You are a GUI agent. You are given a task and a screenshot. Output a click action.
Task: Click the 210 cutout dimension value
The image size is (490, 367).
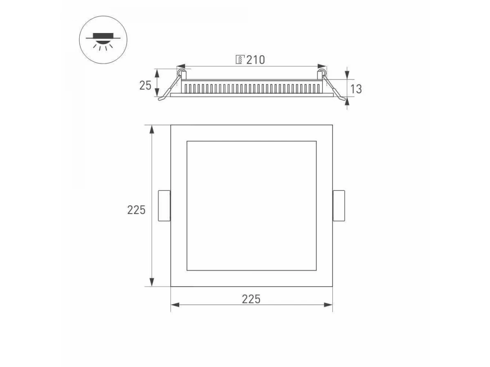tap(256, 60)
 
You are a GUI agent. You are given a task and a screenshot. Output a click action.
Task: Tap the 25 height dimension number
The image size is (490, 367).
tap(145, 85)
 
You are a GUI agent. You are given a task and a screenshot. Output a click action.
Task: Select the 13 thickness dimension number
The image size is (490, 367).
tap(356, 89)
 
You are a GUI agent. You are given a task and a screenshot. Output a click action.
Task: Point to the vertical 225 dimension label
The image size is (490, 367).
tap(136, 210)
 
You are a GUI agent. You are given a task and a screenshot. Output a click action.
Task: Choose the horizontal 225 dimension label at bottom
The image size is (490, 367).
tap(251, 299)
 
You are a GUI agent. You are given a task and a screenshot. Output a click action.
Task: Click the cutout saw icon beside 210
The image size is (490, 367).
tap(240, 60)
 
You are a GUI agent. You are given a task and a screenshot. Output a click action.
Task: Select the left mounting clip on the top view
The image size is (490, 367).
tap(164, 206)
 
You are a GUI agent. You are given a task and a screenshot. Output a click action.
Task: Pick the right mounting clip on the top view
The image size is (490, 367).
tap(339, 206)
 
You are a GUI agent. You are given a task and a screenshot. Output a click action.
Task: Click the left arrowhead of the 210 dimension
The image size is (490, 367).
tap(181, 66)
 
